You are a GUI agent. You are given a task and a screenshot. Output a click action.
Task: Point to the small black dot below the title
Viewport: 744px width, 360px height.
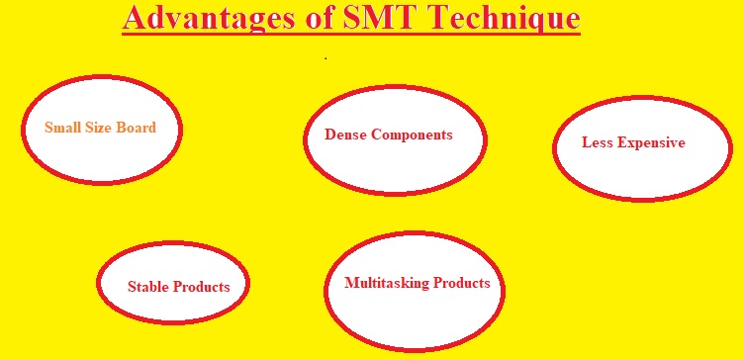point(325,58)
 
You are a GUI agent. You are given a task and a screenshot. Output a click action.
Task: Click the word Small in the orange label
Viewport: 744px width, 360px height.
point(61,129)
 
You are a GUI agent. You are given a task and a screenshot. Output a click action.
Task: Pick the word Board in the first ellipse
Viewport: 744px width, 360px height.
point(136,129)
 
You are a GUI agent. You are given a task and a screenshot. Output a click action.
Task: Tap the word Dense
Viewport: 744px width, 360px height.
point(345,135)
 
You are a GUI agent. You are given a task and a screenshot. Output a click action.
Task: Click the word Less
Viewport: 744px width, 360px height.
point(597,142)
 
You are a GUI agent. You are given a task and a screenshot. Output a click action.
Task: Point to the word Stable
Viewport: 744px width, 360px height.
point(148,287)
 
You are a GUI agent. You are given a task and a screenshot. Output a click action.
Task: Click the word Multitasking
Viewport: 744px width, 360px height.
point(387,283)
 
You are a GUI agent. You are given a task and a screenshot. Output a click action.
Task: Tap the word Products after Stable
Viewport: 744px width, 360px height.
point(202,287)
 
